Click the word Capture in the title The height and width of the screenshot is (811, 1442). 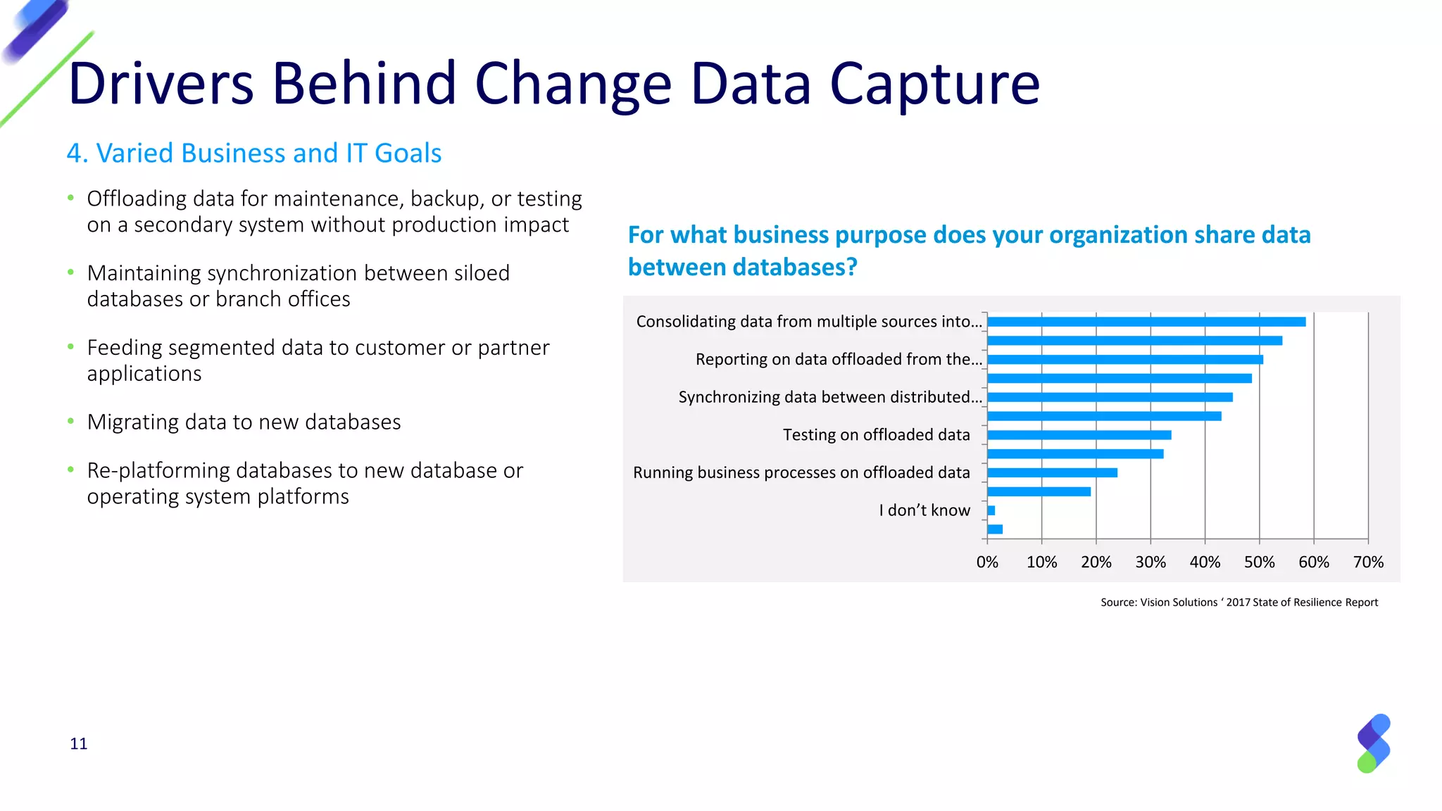[x=934, y=84]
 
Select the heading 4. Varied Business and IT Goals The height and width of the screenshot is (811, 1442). [x=253, y=153]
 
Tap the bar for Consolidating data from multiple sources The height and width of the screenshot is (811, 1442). [x=1146, y=322]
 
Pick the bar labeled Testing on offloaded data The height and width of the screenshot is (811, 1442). [x=1079, y=435]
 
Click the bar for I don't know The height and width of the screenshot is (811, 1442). [x=991, y=510]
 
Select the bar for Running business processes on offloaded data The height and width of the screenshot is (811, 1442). [x=1052, y=472]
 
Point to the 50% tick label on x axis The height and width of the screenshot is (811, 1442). [x=1259, y=562]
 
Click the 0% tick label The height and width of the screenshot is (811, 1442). [x=987, y=562]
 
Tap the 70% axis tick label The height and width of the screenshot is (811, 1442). [x=1367, y=562]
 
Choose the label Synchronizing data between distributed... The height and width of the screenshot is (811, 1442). [x=829, y=397]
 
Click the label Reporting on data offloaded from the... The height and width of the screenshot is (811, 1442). [x=838, y=359]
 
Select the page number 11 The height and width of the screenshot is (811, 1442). [x=79, y=743]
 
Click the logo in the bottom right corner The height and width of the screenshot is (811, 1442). [x=1373, y=743]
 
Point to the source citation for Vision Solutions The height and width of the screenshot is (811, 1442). [x=1239, y=602]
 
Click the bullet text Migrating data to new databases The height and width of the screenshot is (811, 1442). [x=244, y=422]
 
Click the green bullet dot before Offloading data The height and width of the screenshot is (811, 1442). [x=70, y=198]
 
